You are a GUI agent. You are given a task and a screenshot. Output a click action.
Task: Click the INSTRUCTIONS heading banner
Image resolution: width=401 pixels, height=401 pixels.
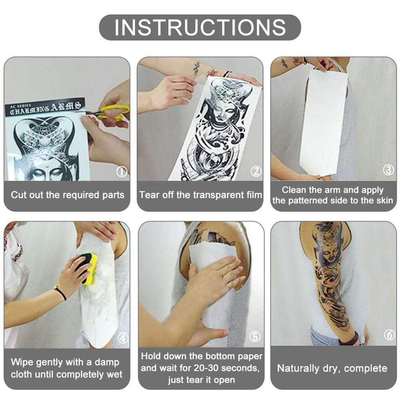[200, 27]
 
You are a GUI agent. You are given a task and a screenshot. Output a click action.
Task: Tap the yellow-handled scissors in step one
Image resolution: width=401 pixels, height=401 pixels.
[110, 112]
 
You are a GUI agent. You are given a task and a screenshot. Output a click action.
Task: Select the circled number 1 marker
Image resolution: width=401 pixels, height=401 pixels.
[122, 172]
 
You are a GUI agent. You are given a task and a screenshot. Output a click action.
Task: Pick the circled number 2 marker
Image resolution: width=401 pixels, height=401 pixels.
[256, 171]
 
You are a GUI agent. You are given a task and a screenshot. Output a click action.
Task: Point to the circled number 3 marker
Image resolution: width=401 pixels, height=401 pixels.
[388, 169]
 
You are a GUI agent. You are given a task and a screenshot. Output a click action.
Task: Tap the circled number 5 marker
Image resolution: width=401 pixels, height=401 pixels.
[255, 336]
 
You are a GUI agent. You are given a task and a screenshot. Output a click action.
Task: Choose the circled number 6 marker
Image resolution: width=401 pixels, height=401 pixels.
[389, 335]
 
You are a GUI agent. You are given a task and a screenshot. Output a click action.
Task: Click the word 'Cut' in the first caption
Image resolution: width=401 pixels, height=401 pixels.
[18, 195]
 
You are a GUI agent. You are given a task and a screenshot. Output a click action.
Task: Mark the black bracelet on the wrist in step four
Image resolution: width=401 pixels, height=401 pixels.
[60, 293]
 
